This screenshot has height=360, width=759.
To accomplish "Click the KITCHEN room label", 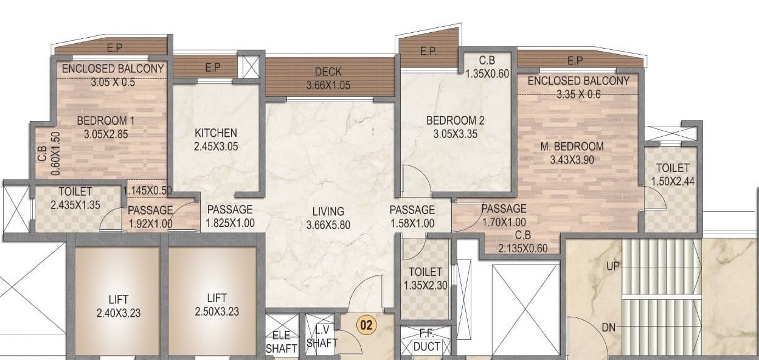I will [x=215, y=133].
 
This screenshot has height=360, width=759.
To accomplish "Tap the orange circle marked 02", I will [x=366, y=325].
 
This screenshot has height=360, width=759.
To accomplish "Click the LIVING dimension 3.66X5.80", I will [x=328, y=225].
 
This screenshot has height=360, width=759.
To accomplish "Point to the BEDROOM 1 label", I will [x=102, y=120].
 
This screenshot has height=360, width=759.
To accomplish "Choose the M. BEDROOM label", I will [x=572, y=146].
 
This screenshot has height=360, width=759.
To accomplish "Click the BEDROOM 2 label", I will [x=455, y=120].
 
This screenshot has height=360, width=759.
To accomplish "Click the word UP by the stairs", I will [x=612, y=266].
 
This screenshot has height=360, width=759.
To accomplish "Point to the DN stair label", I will [x=609, y=328].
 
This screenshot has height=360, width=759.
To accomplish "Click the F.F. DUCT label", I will [x=426, y=341].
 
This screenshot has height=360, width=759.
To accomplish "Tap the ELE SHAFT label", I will [x=282, y=342].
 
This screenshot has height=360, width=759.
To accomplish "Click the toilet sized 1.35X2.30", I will [x=425, y=279].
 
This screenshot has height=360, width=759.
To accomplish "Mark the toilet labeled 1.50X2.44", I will [x=672, y=174].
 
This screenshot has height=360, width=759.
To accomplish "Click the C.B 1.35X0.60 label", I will [x=486, y=67].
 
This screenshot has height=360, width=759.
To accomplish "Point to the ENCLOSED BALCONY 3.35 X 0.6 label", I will [x=578, y=87].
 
